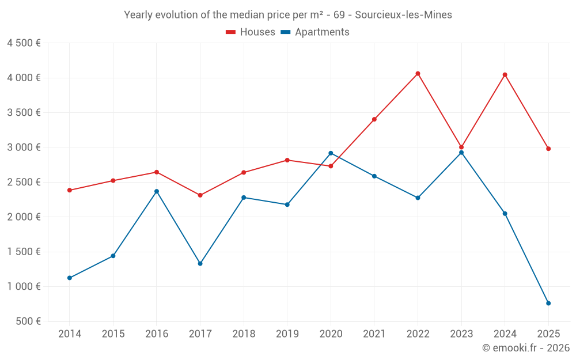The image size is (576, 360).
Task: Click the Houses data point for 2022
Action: coord(418,74)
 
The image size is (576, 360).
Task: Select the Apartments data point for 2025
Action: coord(548,303)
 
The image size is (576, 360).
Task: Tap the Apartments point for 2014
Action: coord(70,278)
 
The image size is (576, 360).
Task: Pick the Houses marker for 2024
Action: coord(505,75)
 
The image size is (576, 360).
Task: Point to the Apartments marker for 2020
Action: coord(331,153)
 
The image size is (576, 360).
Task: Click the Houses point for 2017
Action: coord(200,195)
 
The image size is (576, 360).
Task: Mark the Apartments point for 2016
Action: coord(157,191)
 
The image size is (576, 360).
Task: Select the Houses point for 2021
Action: coord(374,119)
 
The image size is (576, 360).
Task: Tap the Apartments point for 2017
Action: coord(200,263)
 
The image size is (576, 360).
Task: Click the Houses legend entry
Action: coord(251,32)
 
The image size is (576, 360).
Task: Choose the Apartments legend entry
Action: coord(315,32)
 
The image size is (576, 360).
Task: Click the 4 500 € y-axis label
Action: coord(24,43)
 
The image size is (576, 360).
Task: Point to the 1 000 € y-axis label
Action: coord(24,286)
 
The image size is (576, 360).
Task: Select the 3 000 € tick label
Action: coord(24,147)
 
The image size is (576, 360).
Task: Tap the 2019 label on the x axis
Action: coord(287,334)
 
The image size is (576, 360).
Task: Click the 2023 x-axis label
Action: coord(461,334)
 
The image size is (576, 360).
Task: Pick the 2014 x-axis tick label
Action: coord(70,334)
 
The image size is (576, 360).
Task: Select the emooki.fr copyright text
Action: coord(525,348)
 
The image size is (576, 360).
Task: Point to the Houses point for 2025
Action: coord(548,149)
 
